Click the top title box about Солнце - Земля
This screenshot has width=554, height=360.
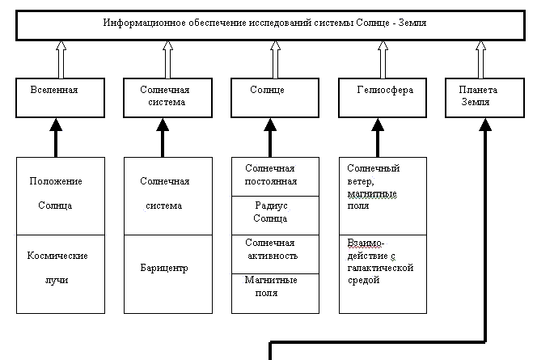(274, 25)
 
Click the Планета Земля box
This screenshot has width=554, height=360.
(483, 98)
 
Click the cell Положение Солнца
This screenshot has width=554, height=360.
(57, 195)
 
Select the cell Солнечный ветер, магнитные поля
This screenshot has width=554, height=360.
(383, 195)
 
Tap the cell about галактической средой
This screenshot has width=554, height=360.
(383, 273)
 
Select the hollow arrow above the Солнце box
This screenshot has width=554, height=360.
(274, 58)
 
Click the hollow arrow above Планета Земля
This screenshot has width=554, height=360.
(490, 58)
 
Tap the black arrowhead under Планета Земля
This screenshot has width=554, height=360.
(485, 124)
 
